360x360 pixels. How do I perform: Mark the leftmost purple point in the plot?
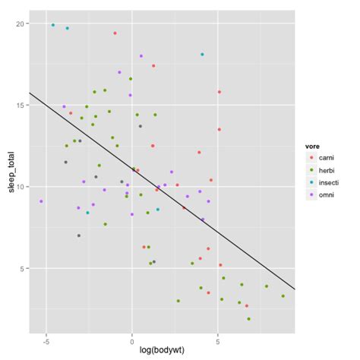(x=41, y=201)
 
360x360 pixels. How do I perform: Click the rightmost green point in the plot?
(x=283, y=296)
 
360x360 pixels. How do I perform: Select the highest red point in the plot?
(x=115, y=33)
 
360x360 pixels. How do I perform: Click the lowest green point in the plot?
(x=249, y=319)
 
